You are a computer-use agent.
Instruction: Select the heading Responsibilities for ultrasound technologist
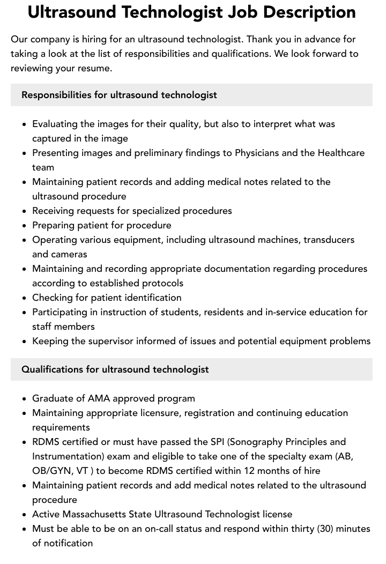click(119, 95)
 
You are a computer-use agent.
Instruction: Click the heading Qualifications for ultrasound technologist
click(115, 369)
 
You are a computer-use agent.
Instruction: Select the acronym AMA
click(98, 398)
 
